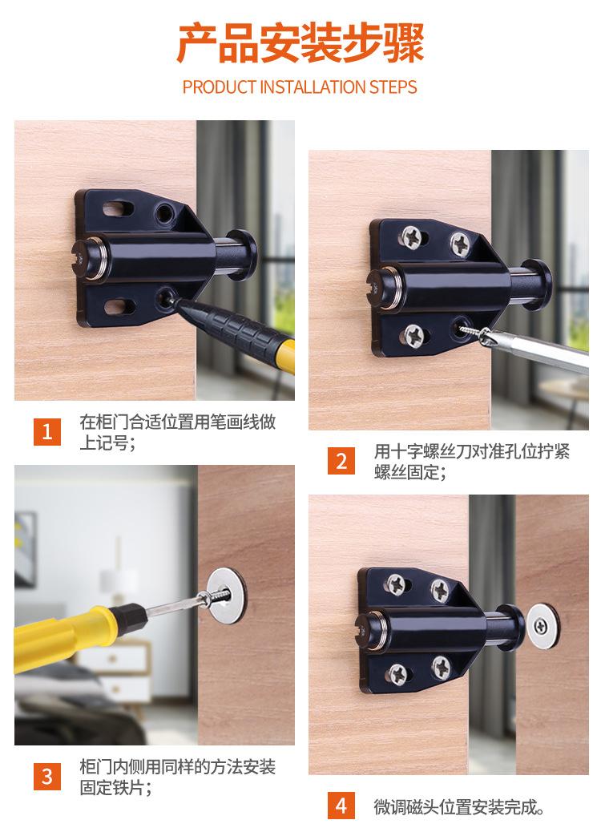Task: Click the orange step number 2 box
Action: [342, 461]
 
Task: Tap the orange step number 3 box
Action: [47, 776]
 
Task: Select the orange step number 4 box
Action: [342, 806]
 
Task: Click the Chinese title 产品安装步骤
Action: [300, 43]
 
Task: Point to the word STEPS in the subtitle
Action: [393, 87]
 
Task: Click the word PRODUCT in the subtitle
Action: [220, 87]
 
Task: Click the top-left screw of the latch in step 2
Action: [411, 236]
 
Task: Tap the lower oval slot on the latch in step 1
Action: [118, 305]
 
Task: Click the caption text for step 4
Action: [459, 806]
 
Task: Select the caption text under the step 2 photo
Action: [471, 461]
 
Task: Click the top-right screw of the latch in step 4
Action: [440, 591]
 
